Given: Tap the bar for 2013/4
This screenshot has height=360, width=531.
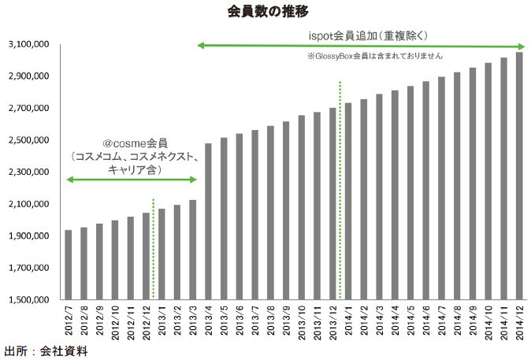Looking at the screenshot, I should [x=208, y=221].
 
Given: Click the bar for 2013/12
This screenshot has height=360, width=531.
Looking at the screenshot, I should [x=332, y=204].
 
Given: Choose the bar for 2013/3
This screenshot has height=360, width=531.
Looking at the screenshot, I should [x=192, y=250].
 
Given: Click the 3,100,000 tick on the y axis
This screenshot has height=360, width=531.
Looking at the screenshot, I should [x=28, y=45].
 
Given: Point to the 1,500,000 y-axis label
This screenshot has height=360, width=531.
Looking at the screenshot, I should [x=28, y=300].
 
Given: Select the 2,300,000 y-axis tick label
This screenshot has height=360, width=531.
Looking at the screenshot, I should [x=28, y=173].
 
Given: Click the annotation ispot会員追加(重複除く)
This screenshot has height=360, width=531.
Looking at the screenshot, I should [x=367, y=35].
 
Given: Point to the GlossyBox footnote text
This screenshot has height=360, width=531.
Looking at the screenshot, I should [x=375, y=57].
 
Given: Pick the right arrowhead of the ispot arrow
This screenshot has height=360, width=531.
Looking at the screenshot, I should [x=522, y=46].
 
